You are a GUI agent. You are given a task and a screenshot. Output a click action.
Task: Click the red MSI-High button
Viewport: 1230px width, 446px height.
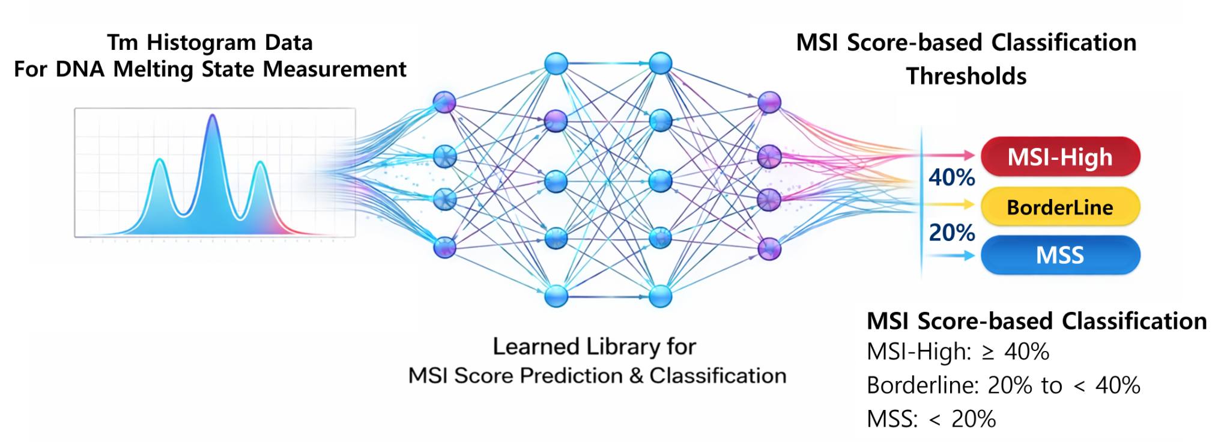pos(1060,157)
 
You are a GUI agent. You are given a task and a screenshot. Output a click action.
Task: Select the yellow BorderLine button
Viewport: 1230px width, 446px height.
pos(1060,207)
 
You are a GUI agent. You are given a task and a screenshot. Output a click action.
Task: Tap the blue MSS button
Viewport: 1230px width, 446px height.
pos(1060,255)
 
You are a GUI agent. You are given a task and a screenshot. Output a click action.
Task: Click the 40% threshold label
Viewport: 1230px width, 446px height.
pos(952,177)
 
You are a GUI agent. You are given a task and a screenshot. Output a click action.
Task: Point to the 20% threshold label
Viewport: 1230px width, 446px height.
pos(952,233)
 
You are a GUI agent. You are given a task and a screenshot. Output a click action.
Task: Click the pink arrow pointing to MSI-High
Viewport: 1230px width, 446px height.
pos(961,155)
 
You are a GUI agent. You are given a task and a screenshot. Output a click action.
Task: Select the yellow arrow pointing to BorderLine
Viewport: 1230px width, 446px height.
pos(961,205)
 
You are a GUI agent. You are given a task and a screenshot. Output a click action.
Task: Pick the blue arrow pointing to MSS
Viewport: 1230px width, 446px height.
pos(961,255)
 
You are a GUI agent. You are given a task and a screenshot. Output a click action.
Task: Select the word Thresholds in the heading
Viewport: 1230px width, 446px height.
pos(966,76)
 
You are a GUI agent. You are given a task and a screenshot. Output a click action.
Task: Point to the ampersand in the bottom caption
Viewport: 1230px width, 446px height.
pos(636,376)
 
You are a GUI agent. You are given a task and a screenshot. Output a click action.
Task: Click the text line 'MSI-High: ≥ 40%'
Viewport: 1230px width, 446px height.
pos(957,352)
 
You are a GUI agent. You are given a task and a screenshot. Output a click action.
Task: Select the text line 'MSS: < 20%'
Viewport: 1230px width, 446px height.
pos(931,419)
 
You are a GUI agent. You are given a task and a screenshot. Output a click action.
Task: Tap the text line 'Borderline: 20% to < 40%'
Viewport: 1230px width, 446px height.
pos(1003,385)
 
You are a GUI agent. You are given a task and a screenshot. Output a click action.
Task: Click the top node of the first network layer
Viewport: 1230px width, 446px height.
pos(444,102)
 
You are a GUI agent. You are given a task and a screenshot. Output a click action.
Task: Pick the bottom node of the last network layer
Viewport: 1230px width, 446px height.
pos(769,248)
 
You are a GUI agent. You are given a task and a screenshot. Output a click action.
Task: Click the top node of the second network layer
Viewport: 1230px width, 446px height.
pos(556,64)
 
